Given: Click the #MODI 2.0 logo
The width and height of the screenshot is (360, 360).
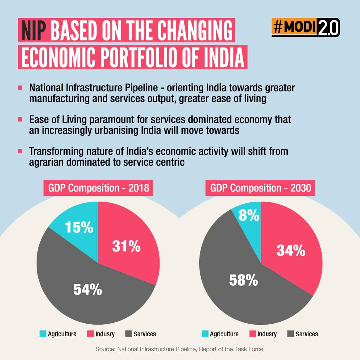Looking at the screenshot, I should click(305, 28).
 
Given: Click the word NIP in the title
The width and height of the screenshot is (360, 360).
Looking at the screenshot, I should click(34, 31).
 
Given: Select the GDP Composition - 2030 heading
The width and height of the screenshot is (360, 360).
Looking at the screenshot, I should click(260, 188).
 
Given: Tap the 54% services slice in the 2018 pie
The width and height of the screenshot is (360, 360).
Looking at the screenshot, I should click(88, 290).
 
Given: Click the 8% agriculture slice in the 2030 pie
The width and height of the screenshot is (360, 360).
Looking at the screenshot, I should click(249, 215).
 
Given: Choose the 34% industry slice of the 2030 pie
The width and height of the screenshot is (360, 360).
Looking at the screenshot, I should click(291, 250).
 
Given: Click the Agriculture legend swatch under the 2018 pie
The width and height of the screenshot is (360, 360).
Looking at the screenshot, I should click(43, 334).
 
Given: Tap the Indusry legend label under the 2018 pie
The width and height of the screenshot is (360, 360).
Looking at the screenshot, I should click(105, 334).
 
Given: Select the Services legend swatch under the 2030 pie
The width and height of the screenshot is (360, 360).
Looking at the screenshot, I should click(291, 334).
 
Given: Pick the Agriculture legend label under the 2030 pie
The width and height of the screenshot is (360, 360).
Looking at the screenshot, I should click(224, 334).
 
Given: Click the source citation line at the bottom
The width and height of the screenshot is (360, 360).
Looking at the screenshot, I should click(179, 349).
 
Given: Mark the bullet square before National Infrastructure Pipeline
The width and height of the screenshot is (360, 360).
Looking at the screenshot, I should click(20, 88).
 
